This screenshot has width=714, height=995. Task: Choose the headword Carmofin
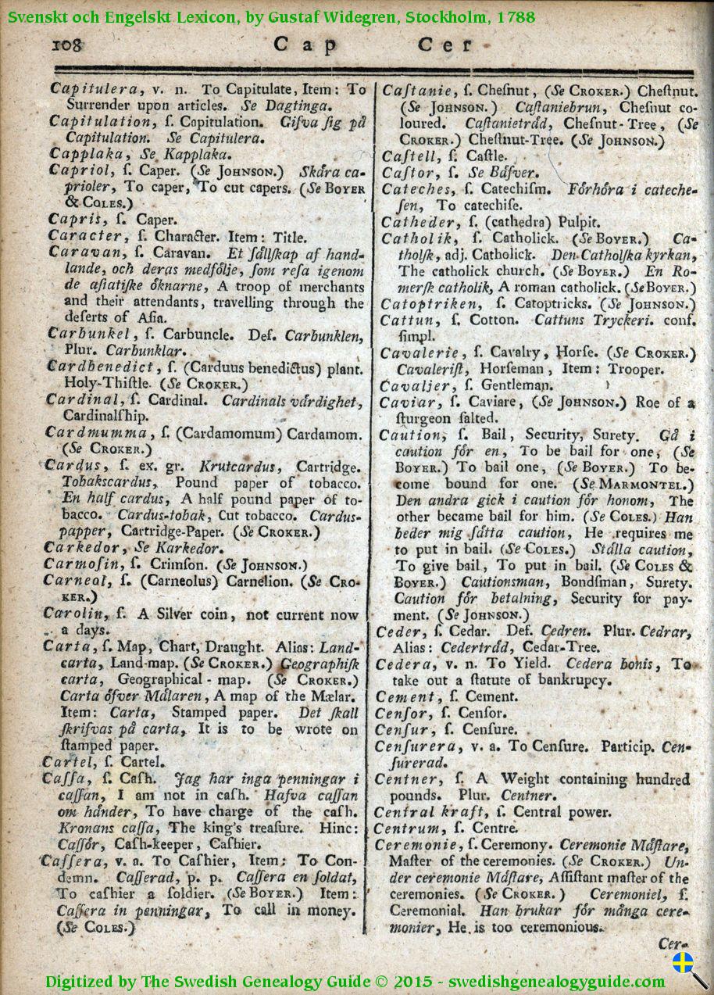point(86,564)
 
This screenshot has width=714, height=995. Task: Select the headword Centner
point(406,779)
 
